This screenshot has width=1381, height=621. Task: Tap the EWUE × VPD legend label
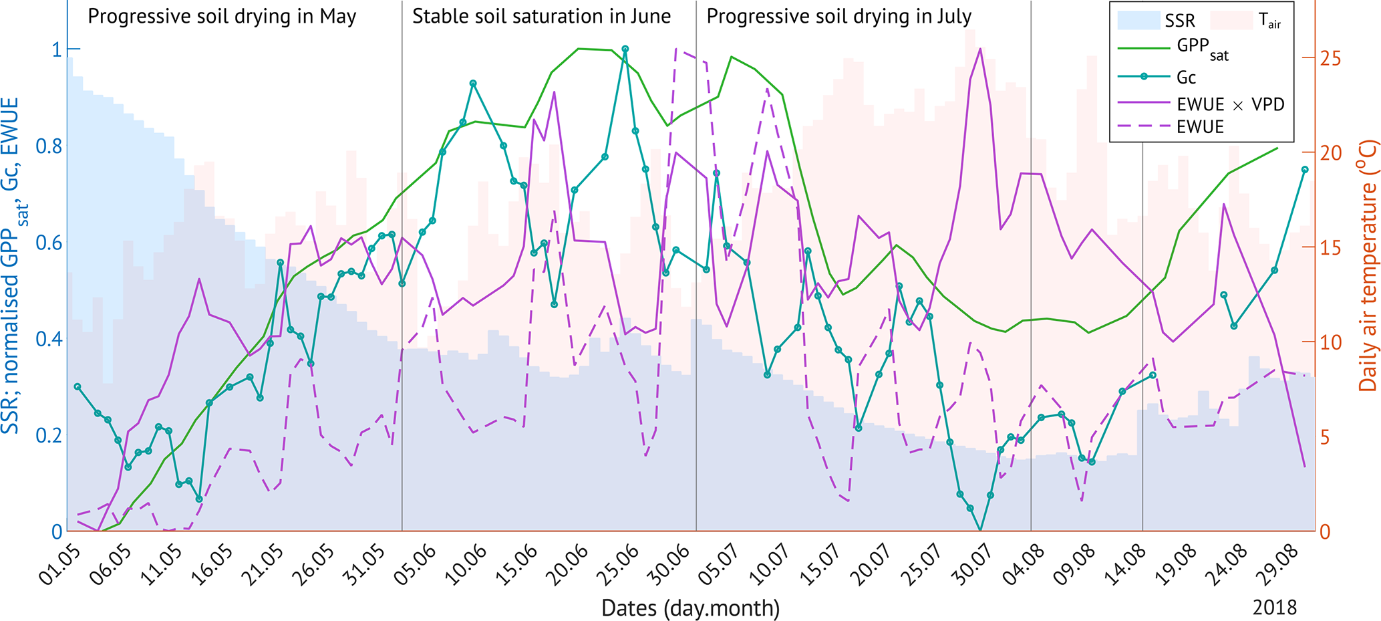click(1230, 104)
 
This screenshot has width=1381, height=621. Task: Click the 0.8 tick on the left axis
click(49, 146)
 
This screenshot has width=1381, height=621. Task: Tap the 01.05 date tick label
click(59, 566)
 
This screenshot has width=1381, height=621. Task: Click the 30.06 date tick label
click(670, 566)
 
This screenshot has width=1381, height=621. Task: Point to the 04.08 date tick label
click(1024, 566)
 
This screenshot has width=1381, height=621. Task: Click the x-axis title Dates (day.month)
click(690, 608)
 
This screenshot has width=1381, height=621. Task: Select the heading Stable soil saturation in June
click(541, 17)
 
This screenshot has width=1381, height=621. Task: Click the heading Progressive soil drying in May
click(222, 17)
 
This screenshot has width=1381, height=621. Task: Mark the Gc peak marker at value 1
click(625, 49)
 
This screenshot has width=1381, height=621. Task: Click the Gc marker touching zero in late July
click(980, 531)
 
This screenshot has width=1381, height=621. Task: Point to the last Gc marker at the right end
click(1305, 170)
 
